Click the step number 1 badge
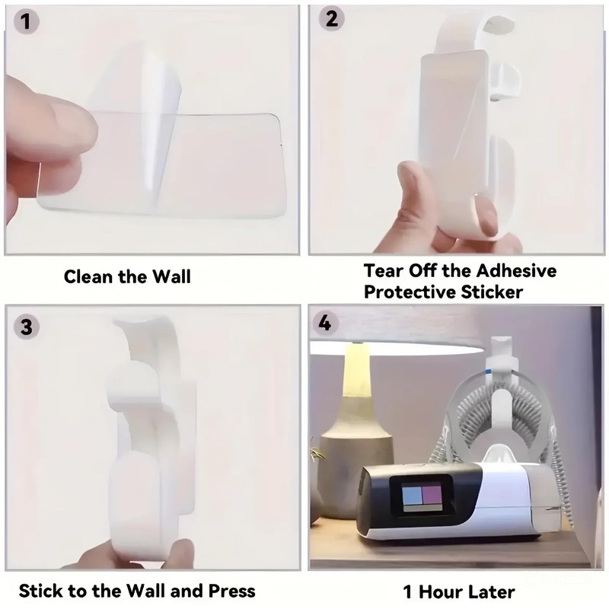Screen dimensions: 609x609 (x=27, y=22)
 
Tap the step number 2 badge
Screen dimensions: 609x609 (x=331, y=18)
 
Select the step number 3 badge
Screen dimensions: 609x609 (x=27, y=327)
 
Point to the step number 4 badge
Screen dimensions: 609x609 (x=325, y=322)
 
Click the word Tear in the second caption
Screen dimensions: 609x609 (x=385, y=270)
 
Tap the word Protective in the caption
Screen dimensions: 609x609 (x=412, y=292)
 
